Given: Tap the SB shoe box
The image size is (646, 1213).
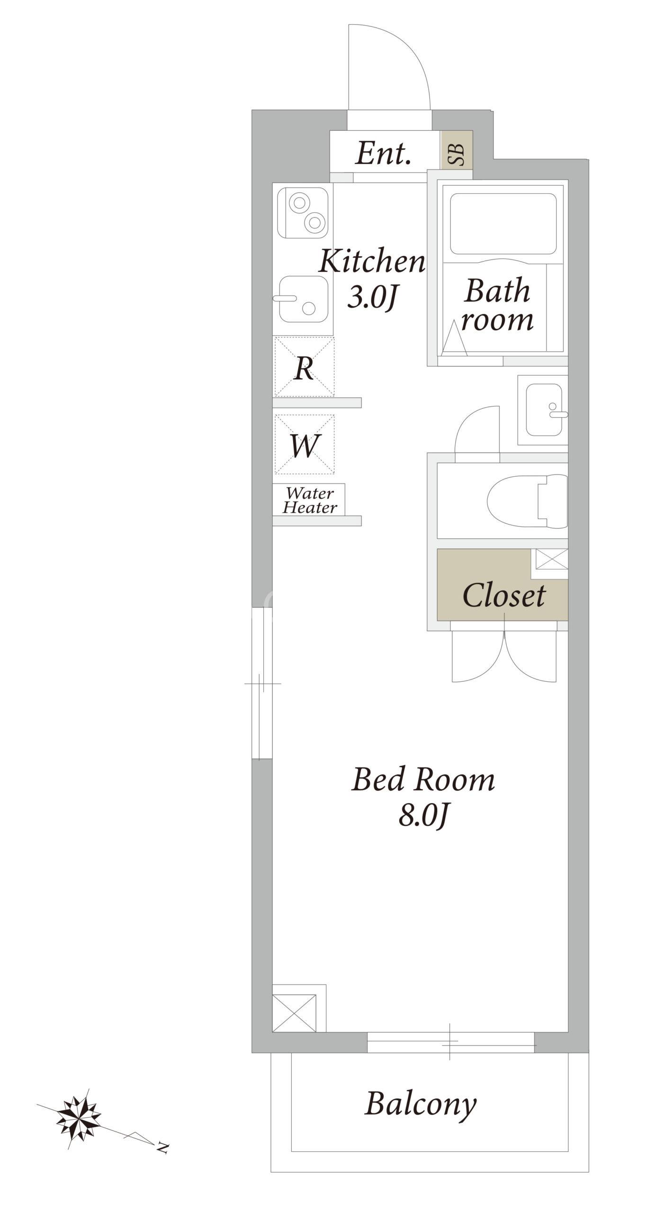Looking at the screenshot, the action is coord(457,149).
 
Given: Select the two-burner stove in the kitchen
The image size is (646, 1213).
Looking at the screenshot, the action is coord(303,213).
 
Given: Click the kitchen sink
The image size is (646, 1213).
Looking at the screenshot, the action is coord(304,299).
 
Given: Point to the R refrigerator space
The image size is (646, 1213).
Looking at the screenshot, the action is coord(304,367).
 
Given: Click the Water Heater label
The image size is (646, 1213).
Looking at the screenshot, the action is coord(310,500).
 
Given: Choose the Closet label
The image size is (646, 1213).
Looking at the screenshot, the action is coord(504,596).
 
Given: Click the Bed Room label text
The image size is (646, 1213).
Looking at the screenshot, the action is coord(423,779).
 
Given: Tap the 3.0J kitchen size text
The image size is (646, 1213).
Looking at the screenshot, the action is coord(372,297).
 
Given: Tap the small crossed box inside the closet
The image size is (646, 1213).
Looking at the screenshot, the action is coord(551,559).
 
